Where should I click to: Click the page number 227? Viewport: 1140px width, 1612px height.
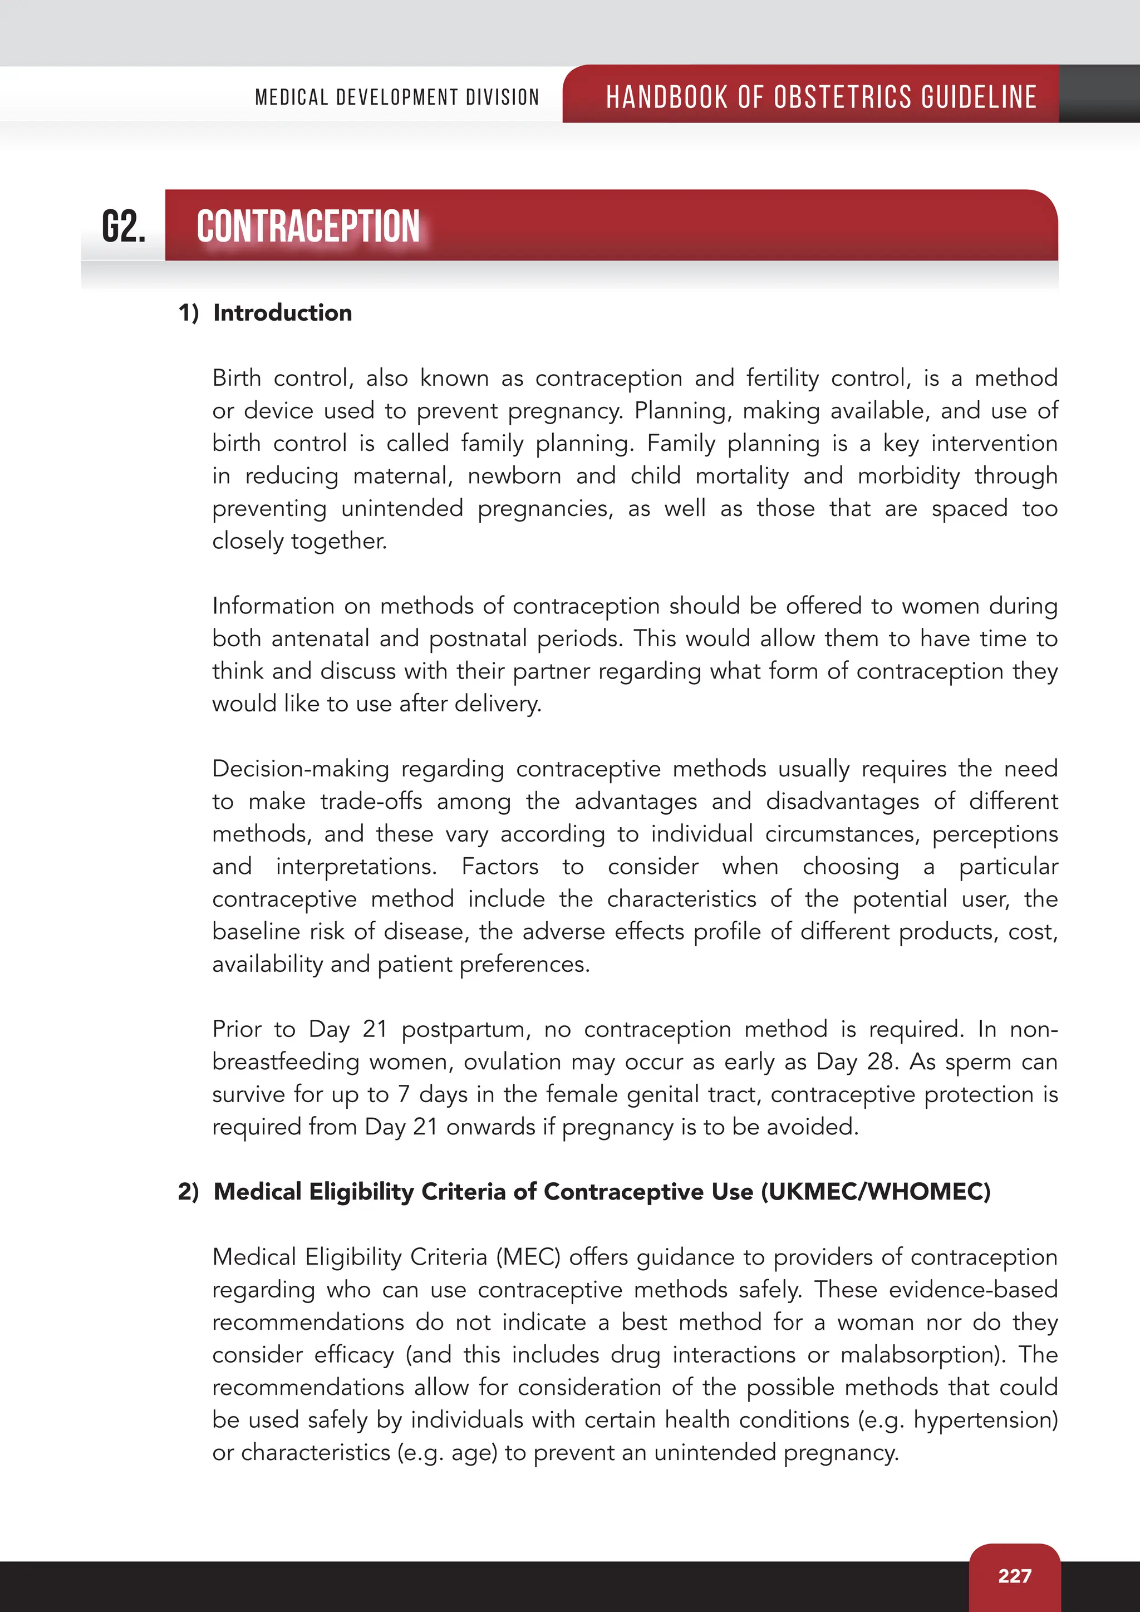coord(1014,1575)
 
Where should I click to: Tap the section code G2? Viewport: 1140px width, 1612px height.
coord(124,227)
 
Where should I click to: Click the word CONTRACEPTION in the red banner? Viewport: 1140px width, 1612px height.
coord(308,227)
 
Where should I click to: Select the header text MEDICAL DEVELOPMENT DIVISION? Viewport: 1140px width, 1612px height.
coord(397,97)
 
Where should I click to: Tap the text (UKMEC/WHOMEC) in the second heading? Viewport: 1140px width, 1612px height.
coord(876,1191)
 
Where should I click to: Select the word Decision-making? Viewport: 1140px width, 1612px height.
coord(301,769)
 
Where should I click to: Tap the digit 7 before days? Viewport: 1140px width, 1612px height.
coord(404,1094)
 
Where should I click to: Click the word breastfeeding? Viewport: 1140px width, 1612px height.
coord(285,1061)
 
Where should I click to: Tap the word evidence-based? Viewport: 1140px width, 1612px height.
coord(972,1289)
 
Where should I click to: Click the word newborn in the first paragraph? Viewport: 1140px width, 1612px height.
coord(514,476)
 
